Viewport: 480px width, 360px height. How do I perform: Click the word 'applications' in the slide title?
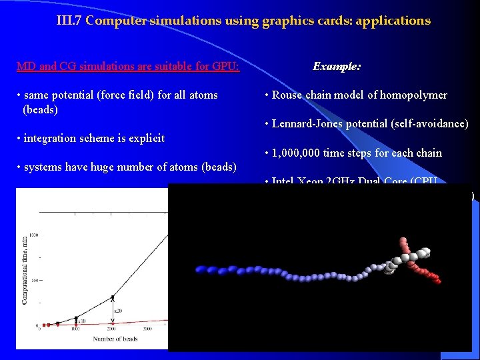pos(393,21)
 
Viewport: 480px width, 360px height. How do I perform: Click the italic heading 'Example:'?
pos(337,67)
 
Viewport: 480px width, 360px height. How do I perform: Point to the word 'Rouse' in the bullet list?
pos(287,95)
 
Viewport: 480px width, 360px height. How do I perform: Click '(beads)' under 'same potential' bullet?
pos(40,109)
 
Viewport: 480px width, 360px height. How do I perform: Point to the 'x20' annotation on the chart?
pos(119,311)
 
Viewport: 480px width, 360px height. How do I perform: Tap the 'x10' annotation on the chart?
pos(83,321)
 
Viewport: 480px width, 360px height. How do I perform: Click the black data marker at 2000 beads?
pos(112,297)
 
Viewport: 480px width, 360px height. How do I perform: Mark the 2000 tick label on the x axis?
pos(112,329)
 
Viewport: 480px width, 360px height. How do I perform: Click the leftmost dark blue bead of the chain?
pos(199,269)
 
